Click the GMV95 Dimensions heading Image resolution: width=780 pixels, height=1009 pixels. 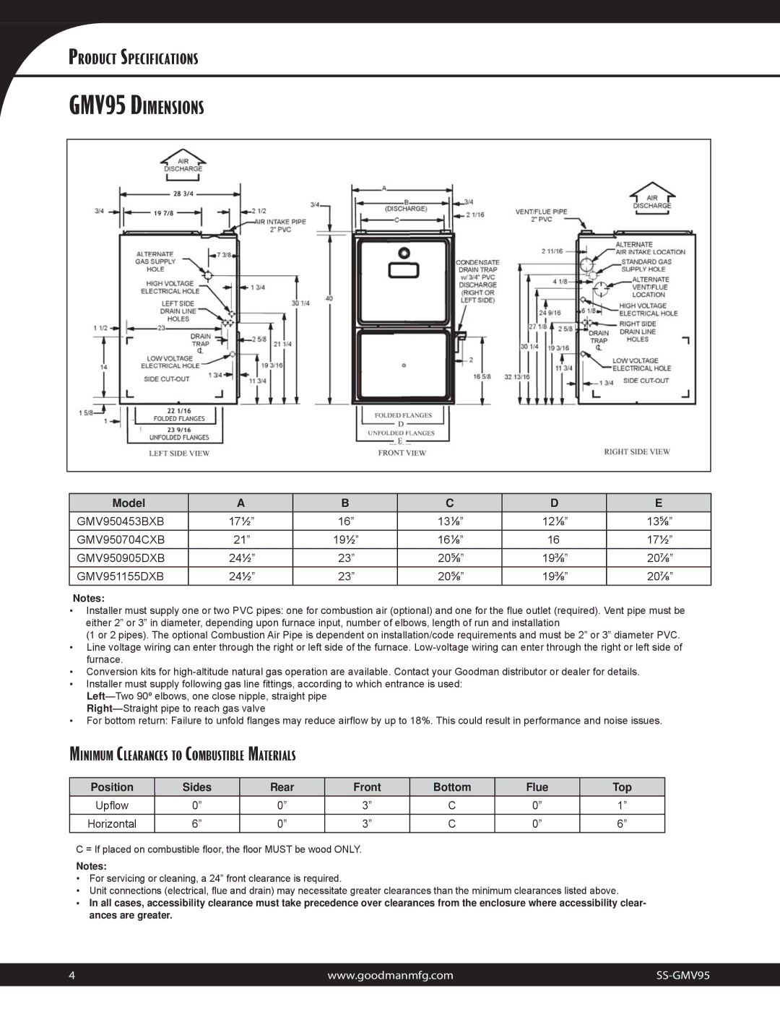[x=136, y=106]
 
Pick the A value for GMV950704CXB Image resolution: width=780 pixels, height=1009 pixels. [x=240, y=540]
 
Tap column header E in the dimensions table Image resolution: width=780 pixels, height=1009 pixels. [x=658, y=503]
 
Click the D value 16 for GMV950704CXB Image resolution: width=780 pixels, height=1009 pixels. [x=553, y=540]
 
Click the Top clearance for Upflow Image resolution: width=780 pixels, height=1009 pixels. [x=621, y=805]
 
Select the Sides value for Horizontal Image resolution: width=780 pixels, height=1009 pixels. [x=196, y=823]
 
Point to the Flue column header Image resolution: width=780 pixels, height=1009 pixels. [x=537, y=787]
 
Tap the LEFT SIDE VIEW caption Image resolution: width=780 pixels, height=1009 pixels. [x=179, y=454]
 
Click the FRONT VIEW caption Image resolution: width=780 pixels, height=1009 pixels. [x=402, y=454]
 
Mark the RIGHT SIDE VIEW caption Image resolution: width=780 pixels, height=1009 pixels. [x=637, y=452]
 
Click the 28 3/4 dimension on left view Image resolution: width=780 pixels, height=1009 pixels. [x=183, y=194]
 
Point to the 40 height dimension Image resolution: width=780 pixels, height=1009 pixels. [x=329, y=298]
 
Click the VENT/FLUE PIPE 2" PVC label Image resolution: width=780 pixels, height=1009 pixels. [x=541, y=215]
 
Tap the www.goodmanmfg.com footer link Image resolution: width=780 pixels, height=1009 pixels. [x=390, y=975]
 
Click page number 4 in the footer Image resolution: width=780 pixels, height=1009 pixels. [x=72, y=975]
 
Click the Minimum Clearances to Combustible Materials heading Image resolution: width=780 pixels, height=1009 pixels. [x=183, y=755]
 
